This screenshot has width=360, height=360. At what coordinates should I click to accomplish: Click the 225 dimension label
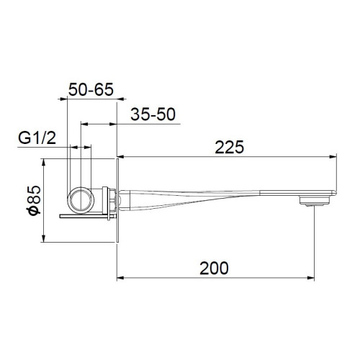pyautogui.click(x=229, y=147)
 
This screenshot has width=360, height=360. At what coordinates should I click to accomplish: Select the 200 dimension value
pyautogui.click(x=214, y=268)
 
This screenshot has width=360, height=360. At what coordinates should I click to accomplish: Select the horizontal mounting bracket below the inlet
pyautogui.click(x=85, y=215)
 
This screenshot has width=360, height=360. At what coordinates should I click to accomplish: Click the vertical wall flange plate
pyautogui.click(x=117, y=202)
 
